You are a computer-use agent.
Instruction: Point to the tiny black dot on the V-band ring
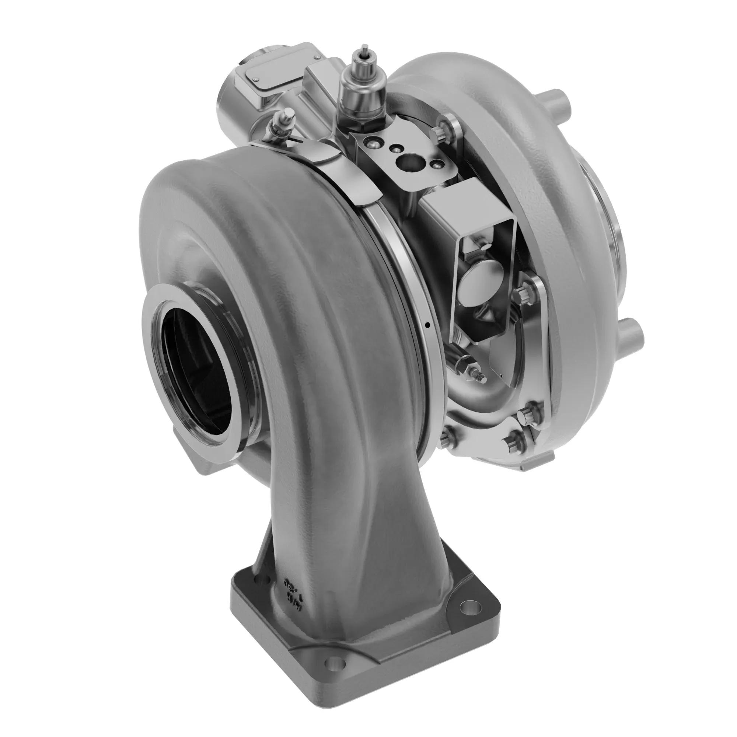pyautogui.click(x=427, y=325)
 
